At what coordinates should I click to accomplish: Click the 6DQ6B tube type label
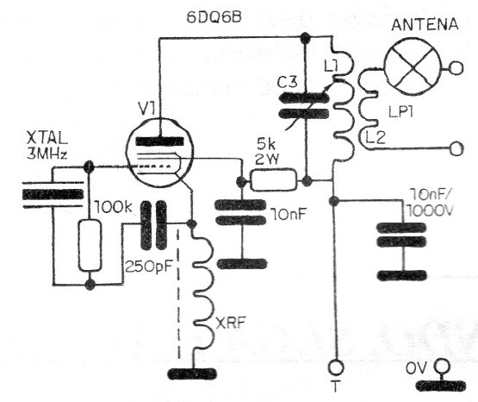point(214,17)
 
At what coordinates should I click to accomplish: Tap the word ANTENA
point(425,24)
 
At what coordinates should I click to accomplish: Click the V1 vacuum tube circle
point(159,153)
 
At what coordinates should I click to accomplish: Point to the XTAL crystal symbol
point(53,194)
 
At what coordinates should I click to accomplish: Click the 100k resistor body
point(90,245)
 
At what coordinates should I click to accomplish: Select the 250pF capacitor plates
point(153,224)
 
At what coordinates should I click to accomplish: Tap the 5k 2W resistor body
point(273,180)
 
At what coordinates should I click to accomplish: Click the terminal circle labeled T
point(336,367)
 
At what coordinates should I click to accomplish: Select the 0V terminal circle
point(442,366)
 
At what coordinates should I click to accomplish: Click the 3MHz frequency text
point(47,154)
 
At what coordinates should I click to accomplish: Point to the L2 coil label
point(376,137)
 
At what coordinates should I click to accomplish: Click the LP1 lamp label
point(400,112)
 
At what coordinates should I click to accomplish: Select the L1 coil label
point(331,66)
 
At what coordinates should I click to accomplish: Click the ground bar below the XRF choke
point(192,374)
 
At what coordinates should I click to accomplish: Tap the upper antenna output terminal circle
point(456,68)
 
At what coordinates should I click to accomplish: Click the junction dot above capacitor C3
point(305,38)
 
